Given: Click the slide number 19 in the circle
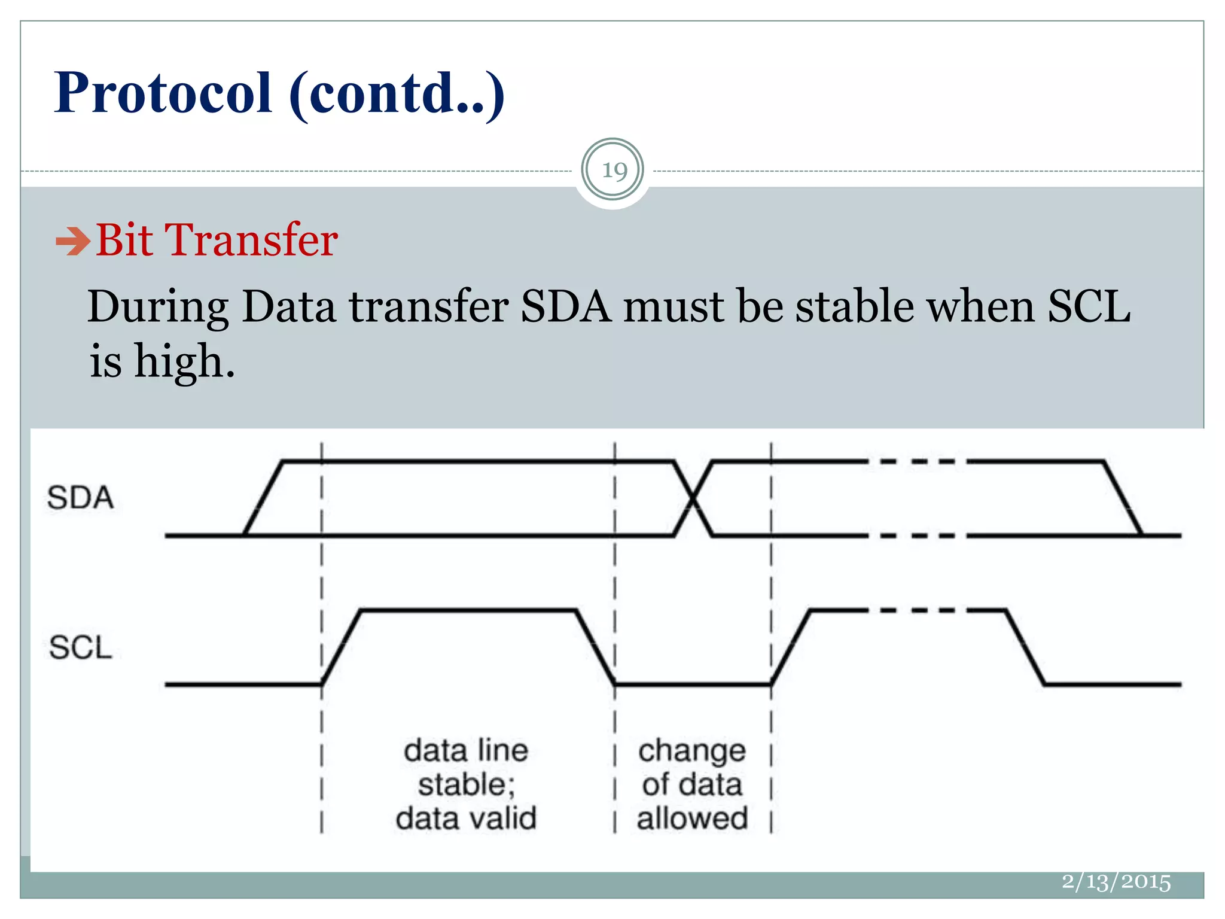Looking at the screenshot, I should coord(614,171).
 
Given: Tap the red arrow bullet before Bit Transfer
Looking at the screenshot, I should coord(72,242).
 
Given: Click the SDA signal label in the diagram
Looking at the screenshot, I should coord(80,498).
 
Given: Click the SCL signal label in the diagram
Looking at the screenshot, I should coord(80,647).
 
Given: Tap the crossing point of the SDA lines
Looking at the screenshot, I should coord(693,498).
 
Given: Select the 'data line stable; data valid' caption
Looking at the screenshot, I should coord(466,784).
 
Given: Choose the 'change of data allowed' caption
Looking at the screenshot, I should coord(692,784).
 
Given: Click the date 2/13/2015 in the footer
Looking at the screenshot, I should coord(1116,882).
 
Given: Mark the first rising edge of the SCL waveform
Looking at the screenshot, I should coord(342,647).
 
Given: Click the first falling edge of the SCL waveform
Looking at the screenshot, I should coord(596,647).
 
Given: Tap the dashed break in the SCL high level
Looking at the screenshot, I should coord(917,610).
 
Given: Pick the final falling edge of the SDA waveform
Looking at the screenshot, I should coord(1123,498).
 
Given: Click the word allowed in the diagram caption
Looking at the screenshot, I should coord(692,818).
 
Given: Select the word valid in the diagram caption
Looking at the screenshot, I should coord(506,818).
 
